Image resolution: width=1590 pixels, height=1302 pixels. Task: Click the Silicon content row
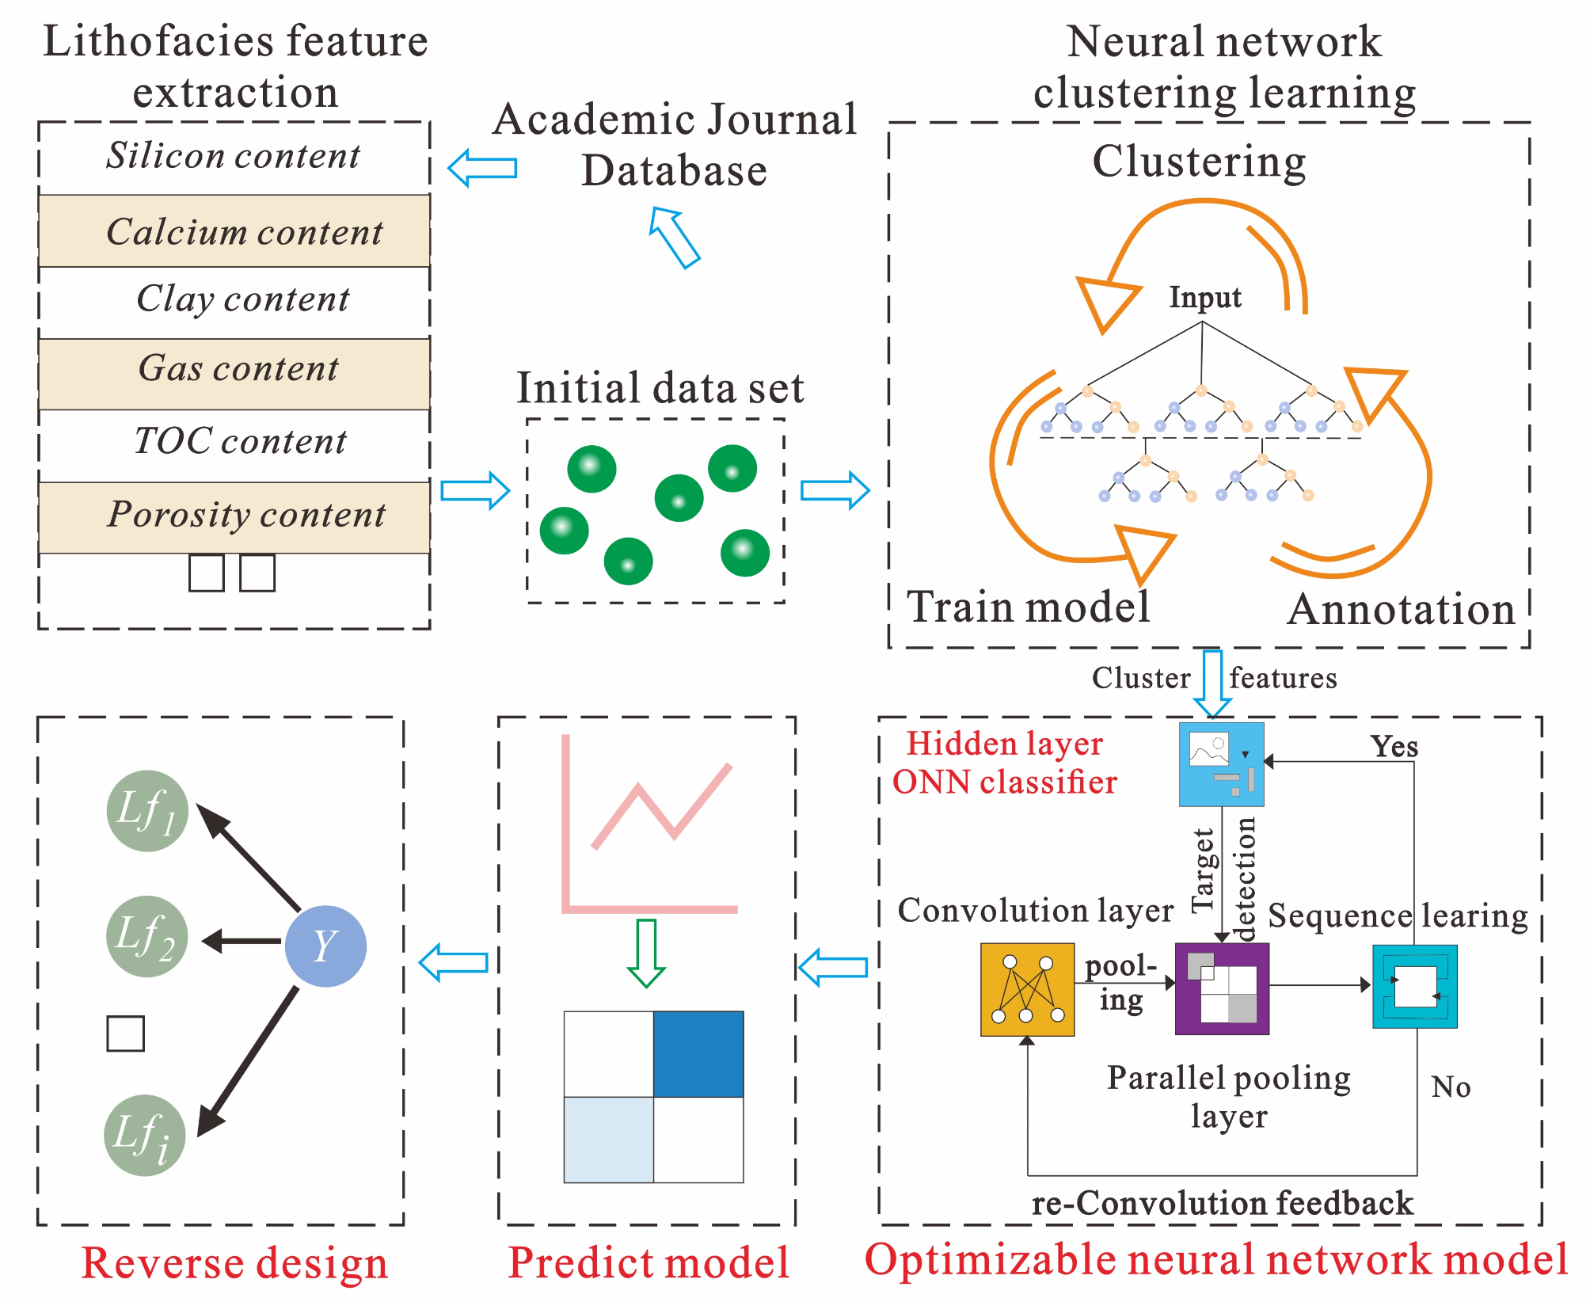234,156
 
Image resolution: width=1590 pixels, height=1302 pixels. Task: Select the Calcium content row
234,231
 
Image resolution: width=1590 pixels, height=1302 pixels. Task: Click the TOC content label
240,441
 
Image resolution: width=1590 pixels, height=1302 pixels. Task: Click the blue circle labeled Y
325,946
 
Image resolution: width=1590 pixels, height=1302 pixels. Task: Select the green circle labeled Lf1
147,811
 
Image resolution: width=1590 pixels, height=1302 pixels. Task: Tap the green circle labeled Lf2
146,936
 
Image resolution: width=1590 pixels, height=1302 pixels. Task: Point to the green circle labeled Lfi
145,1135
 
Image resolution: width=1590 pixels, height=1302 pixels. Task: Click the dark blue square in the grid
698,1054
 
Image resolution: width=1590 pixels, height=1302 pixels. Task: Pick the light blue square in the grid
608,1140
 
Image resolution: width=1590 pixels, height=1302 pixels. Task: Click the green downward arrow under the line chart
646,953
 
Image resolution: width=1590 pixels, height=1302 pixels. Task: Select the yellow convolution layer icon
1027,989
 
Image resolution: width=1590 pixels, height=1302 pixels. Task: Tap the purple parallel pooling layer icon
1222,989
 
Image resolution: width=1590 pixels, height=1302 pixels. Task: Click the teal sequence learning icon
1414,987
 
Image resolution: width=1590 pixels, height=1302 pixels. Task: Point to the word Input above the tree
1205,298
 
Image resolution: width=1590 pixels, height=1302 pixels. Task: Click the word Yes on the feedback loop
1394,746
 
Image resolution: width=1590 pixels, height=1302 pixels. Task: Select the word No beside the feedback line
1451,1087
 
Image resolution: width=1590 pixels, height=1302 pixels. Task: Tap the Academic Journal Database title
675,144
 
